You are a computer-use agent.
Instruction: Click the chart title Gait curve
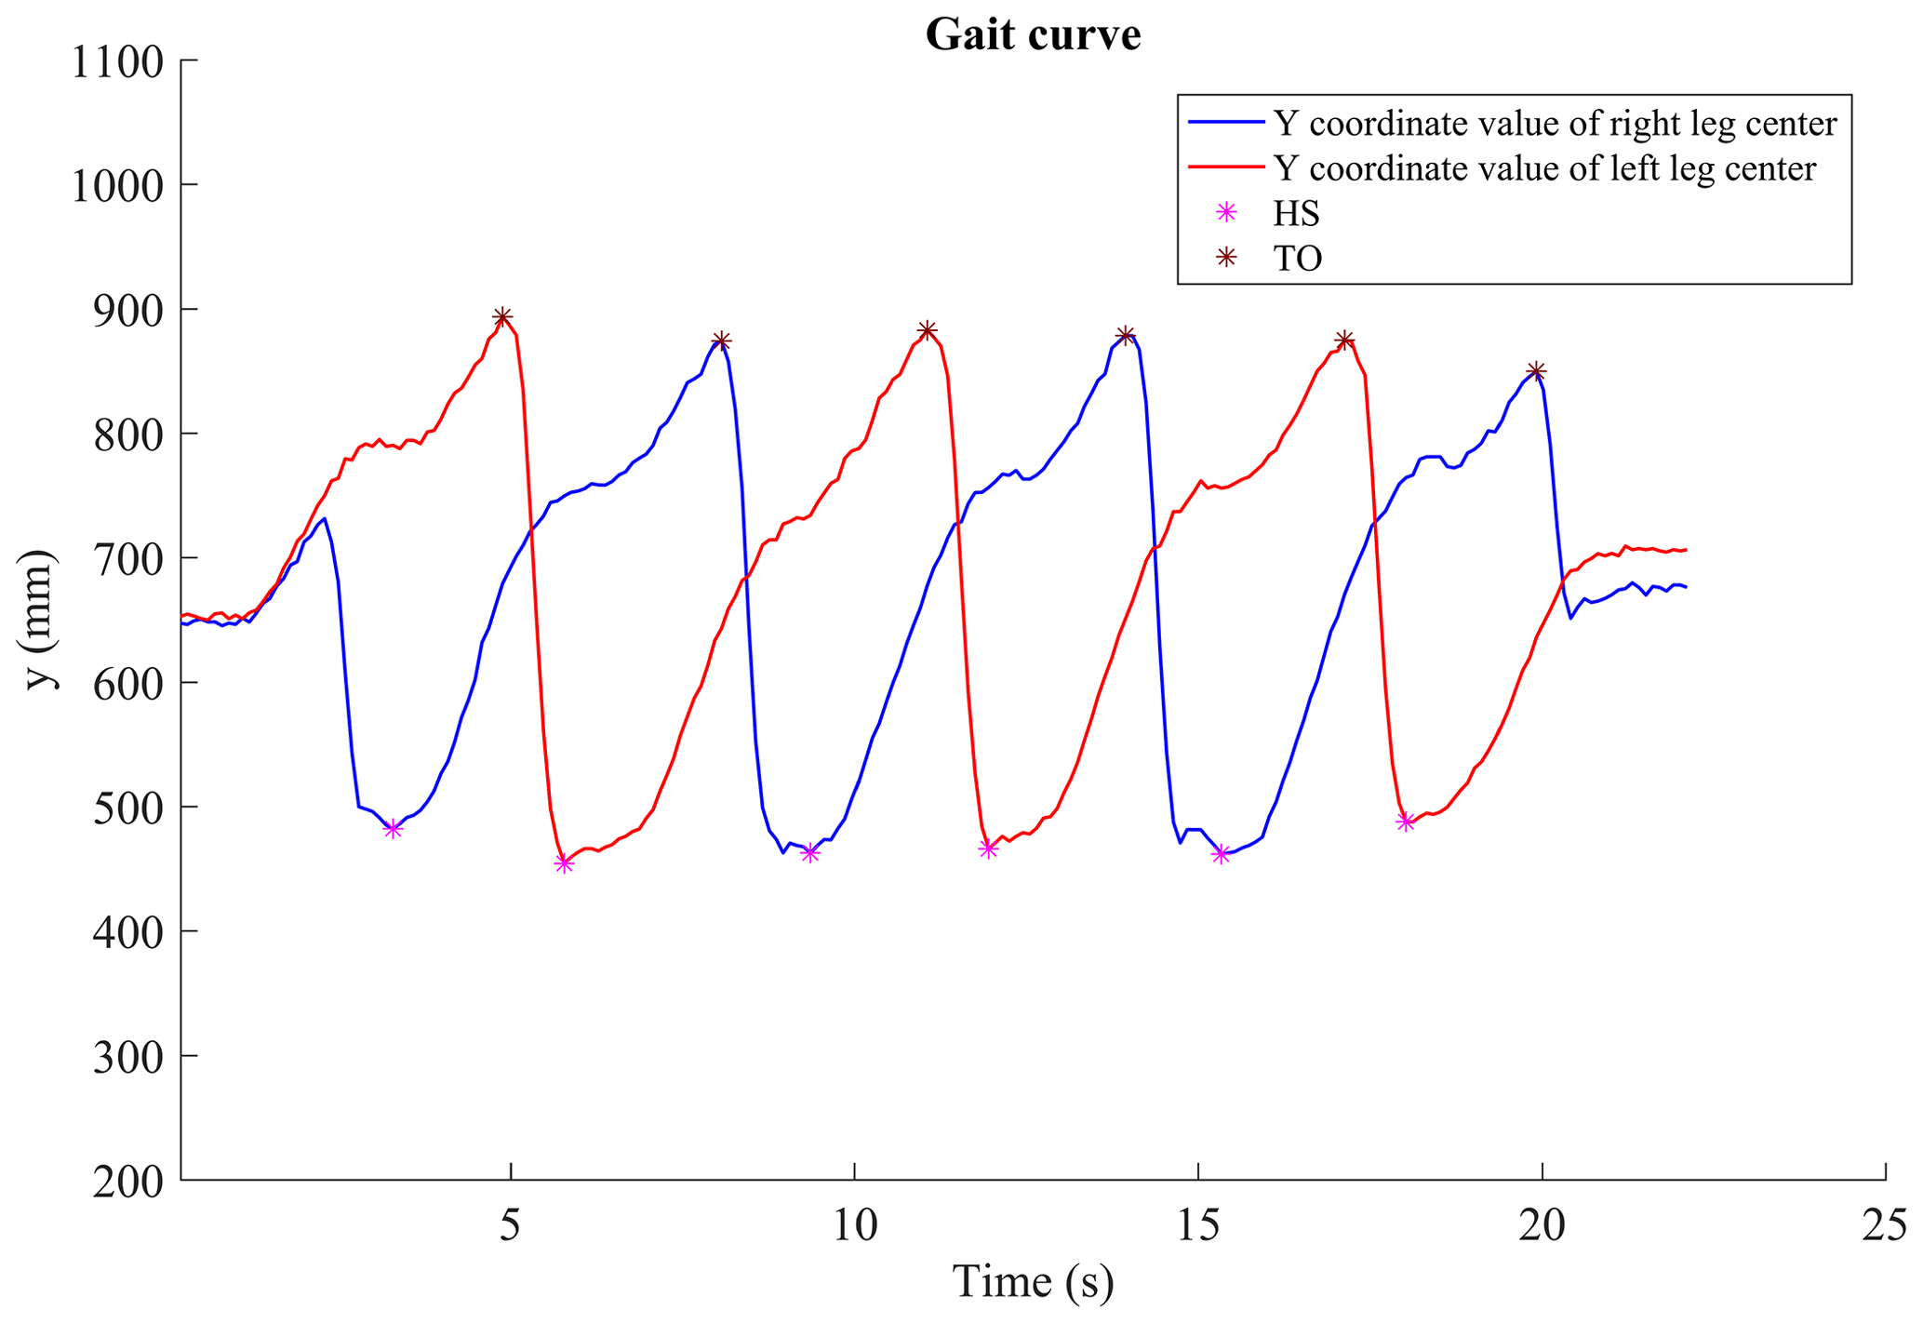1033,35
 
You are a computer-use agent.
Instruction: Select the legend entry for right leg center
1555,124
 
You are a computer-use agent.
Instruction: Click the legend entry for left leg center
1544,168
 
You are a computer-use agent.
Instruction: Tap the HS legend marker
1227,213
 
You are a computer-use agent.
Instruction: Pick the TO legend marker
1227,258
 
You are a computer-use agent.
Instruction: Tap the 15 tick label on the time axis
1198,1227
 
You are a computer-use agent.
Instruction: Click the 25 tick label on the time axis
1886,1227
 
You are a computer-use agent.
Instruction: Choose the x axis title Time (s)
1033,1282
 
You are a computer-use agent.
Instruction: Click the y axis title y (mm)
40,621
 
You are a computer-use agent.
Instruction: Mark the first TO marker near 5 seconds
502,318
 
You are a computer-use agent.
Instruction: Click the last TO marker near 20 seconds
1537,371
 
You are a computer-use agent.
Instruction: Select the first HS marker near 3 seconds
394,829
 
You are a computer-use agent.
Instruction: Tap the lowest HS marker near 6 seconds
564,864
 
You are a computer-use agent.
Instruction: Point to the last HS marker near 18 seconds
1406,822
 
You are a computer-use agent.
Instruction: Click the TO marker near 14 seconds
1125,335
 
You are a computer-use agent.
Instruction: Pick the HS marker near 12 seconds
988,849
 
